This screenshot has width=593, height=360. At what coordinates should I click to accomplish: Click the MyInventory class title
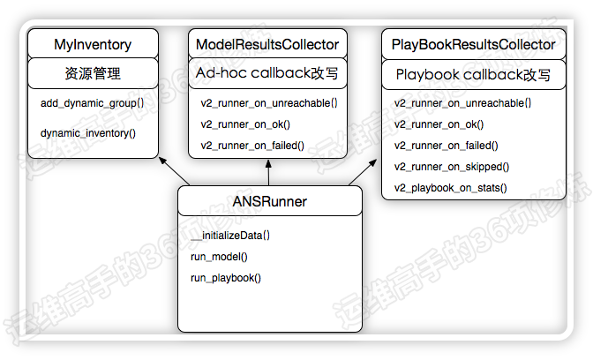tap(93, 44)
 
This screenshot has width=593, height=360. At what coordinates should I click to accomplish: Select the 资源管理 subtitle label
tap(93, 73)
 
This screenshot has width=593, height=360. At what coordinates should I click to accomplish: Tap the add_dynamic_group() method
tap(92, 103)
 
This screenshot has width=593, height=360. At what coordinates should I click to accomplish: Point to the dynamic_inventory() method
tap(88, 133)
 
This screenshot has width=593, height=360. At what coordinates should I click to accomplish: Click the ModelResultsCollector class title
tap(267, 44)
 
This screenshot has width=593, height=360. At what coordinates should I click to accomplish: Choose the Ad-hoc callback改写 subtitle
tap(267, 72)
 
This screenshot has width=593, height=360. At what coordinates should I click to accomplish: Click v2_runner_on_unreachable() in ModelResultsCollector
tap(269, 103)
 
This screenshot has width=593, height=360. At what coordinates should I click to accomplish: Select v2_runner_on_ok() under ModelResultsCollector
tap(245, 124)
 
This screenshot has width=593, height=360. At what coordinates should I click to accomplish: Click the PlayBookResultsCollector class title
tap(473, 44)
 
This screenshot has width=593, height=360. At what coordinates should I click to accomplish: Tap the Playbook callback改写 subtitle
tap(474, 75)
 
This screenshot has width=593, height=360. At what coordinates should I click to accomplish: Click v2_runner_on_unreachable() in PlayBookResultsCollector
tap(462, 103)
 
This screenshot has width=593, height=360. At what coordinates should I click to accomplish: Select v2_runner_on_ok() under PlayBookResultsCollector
tap(439, 124)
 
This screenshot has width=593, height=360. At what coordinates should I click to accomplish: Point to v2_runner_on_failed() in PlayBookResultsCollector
tap(446, 146)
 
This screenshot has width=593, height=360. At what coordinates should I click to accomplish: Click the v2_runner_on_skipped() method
tap(451, 167)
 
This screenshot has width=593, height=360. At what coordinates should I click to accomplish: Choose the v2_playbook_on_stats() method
tap(450, 188)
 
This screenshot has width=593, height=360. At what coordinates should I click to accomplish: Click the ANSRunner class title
tap(270, 202)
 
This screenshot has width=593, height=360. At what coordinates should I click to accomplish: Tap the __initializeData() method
tap(230, 236)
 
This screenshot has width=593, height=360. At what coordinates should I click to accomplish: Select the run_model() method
tap(219, 257)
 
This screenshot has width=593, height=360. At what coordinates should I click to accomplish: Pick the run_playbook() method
tap(226, 278)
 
